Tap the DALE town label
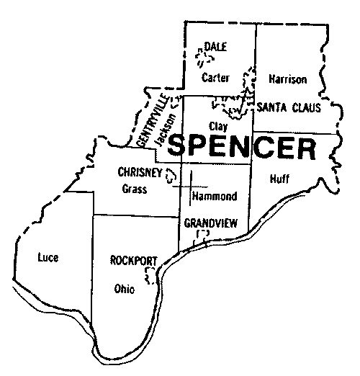coord(215,47)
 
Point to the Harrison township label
coord(287,78)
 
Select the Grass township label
coord(135,190)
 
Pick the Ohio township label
coord(124,290)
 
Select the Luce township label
coord(48,257)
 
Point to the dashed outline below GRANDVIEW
coord(202,236)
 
